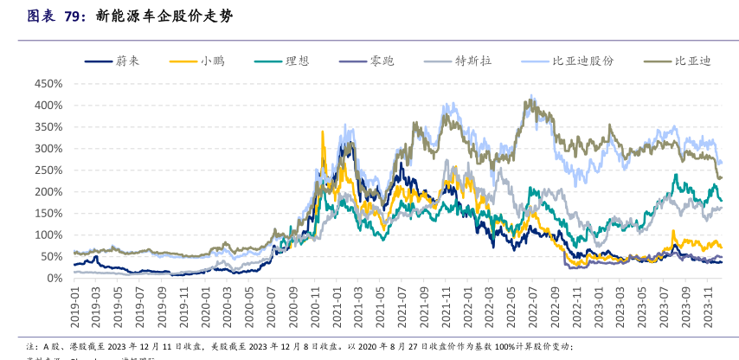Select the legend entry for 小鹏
tap(209, 61)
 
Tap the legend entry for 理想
tap(296, 61)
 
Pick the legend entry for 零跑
tap(381, 61)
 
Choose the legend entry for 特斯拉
tap(472, 61)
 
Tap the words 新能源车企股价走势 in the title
tap(164, 16)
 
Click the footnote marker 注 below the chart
tap(31, 344)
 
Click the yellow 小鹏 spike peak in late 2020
tap(323, 132)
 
